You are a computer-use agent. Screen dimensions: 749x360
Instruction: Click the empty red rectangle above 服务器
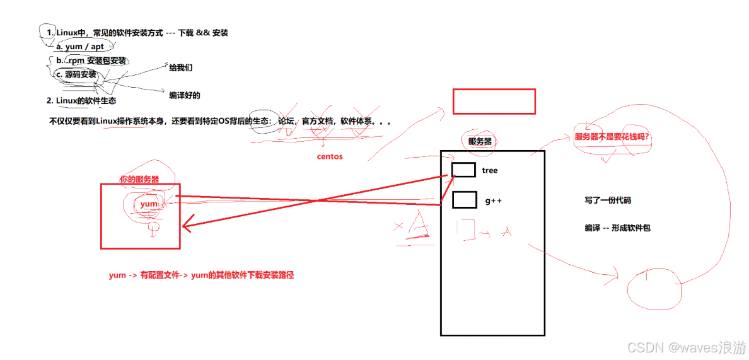tap(494, 101)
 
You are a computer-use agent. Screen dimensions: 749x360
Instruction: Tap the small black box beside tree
tap(463, 170)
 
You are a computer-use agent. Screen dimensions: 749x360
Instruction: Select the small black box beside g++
tap(465, 200)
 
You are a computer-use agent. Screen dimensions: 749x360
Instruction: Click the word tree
tap(490, 170)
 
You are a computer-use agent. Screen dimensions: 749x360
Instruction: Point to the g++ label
tap(494, 200)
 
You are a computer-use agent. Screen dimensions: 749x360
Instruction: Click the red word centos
tap(330, 156)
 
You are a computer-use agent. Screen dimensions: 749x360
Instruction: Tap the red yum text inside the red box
tap(149, 204)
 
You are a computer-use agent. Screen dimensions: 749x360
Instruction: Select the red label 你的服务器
tap(139, 179)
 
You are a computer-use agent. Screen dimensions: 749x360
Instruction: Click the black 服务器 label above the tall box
tap(480, 141)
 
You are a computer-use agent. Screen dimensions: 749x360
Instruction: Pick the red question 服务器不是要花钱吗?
tap(612, 136)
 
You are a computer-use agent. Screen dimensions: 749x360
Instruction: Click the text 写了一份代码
tap(608, 200)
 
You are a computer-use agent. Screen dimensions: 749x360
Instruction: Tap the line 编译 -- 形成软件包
tap(617, 228)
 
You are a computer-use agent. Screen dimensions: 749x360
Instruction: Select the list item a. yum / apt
tap(80, 47)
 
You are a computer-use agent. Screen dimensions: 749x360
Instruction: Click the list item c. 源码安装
tap(76, 74)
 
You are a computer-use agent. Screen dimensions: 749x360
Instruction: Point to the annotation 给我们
tap(181, 67)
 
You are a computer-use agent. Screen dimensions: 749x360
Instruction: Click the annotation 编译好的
tap(185, 96)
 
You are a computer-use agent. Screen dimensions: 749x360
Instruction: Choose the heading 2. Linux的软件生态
tap(81, 100)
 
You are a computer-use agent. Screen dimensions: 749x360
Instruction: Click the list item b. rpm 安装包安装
tap(91, 61)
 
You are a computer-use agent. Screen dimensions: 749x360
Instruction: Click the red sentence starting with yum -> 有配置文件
tap(202, 275)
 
